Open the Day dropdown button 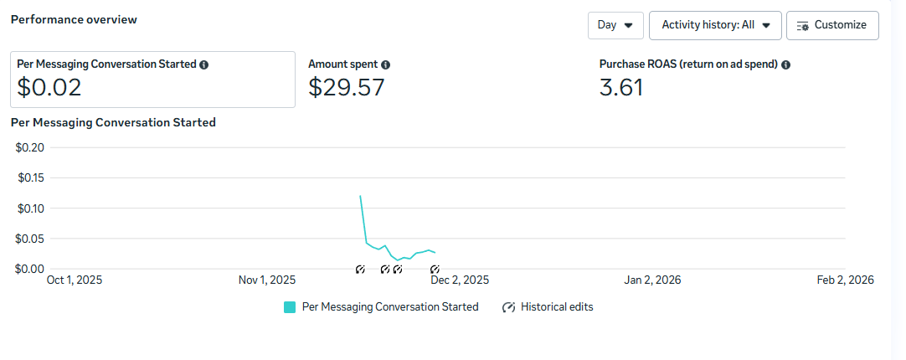click(x=615, y=25)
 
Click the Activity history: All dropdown click(x=715, y=25)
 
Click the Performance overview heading click(x=74, y=19)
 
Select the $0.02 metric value click(x=49, y=86)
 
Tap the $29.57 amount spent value click(x=347, y=86)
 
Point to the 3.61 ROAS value click(x=621, y=86)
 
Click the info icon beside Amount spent click(x=386, y=64)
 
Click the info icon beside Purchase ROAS click(x=786, y=64)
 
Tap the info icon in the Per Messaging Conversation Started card click(x=204, y=64)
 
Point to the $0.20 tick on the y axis click(x=31, y=147)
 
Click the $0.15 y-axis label click(x=31, y=177)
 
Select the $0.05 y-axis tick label click(x=31, y=239)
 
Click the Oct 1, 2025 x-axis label click(x=75, y=280)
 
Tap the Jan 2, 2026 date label click(x=652, y=280)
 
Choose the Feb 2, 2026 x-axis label click(x=845, y=280)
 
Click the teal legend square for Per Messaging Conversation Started click(x=290, y=307)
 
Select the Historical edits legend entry click(x=548, y=307)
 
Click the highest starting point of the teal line click(x=360, y=196)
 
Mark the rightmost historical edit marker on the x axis click(x=435, y=270)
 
